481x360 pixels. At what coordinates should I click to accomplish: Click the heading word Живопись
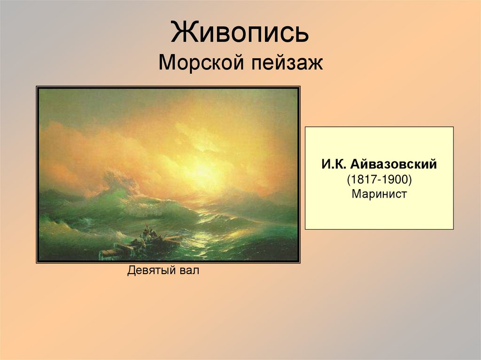(240, 33)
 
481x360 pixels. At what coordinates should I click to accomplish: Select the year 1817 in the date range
(361, 179)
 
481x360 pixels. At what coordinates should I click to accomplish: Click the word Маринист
(379, 194)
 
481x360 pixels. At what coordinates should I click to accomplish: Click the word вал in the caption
(190, 271)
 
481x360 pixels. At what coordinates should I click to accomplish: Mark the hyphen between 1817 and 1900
(378, 179)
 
